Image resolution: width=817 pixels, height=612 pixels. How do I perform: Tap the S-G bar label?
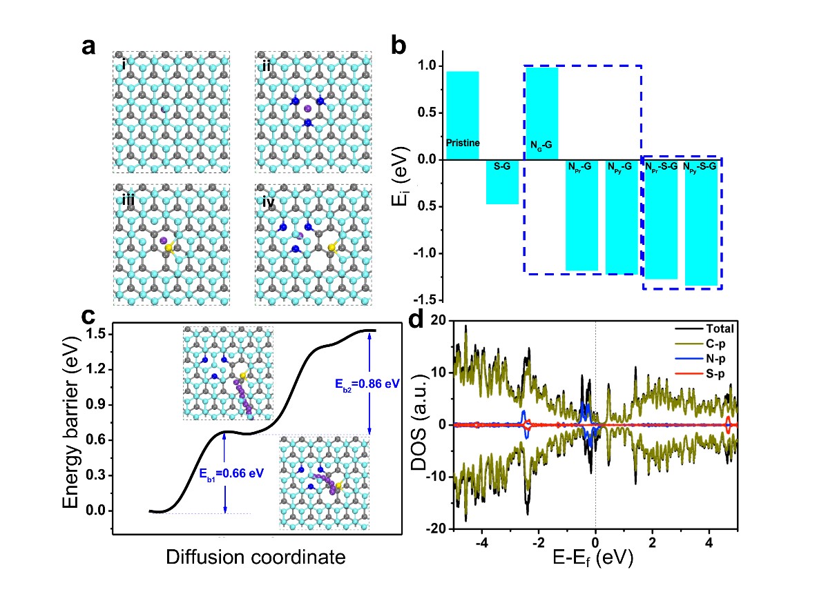(x=501, y=166)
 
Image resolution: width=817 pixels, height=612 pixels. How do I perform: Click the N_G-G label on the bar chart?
(x=542, y=145)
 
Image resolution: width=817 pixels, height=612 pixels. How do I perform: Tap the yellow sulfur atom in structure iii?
(x=169, y=248)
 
